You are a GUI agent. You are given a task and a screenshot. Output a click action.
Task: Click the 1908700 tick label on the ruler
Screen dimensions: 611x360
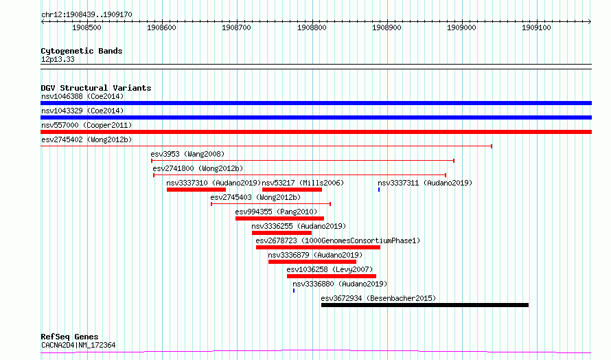tap(236, 27)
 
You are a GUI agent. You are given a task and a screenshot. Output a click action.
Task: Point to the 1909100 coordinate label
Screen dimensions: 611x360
tap(536, 27)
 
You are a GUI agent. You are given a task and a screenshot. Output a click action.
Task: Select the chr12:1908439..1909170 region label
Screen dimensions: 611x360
tap(87, 15)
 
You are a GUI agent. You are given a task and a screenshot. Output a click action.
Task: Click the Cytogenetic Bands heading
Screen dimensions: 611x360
tap(82, 51)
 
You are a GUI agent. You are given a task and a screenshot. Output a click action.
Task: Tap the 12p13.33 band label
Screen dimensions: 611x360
tap(58, 59)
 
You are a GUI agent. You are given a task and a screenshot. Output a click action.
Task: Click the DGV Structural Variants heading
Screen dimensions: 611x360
tap(96, 88)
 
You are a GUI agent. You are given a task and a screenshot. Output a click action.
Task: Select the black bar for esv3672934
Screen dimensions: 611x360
tap(425, 305)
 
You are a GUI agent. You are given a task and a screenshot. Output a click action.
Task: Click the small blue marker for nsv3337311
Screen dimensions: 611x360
tap(379, 190)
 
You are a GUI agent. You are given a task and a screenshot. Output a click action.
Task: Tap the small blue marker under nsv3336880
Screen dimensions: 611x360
tap(293, 291)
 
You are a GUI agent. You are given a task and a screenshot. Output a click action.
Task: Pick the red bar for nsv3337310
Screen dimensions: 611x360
tap(196, 190)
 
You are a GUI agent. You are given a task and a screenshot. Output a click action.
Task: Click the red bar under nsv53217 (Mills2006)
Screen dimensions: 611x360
tap(292, 190)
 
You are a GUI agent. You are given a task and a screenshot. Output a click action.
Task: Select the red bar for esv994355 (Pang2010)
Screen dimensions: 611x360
tap(280, 218)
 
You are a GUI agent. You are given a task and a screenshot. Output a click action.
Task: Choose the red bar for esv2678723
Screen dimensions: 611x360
tap(318, 247)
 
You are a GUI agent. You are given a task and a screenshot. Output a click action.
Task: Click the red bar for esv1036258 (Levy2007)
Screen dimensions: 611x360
tap(332, 276)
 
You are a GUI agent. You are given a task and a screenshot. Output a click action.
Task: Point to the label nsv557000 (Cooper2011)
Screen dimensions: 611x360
tap(87, 125)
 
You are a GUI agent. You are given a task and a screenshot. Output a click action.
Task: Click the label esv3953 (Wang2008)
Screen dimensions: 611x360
tap(187, 154)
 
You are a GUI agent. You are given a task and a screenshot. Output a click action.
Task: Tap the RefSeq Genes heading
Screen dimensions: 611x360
tap(69, 337)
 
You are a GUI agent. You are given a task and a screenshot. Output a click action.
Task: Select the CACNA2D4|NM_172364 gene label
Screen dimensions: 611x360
tap(78, 345)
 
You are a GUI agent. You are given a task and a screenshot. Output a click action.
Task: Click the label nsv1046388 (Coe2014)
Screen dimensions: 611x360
tap(82, 96)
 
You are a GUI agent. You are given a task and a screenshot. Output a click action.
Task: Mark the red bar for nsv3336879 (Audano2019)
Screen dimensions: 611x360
tap(312, 262)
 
